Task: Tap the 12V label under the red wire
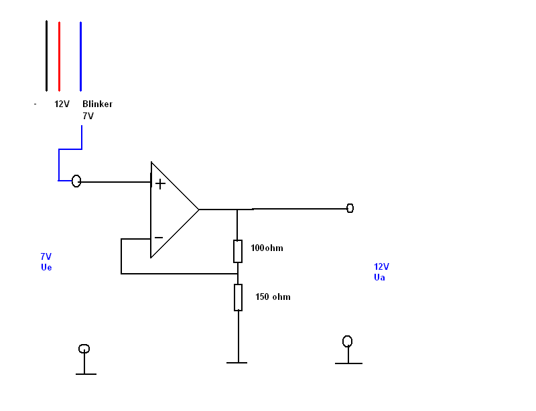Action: (62, 104)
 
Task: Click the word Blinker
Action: (97, 104)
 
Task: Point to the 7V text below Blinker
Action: (88, 116)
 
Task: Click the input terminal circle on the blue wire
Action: (76, 181)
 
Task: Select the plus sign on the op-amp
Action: (160, 183)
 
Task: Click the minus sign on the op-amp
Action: (159, 238)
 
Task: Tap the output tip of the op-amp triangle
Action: (198, 210)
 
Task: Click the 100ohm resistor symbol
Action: (238, 251)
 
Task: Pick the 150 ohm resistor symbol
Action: (238, 297)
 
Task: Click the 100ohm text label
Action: (267, 248)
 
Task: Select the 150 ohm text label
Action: (273, 297)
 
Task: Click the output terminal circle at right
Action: (350, 208)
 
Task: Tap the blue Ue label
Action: (46, 267)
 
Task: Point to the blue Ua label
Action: (379, 277)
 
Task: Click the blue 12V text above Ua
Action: (381, 266)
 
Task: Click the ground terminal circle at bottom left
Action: (84, 349)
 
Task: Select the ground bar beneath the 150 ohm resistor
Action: (237, 362)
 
